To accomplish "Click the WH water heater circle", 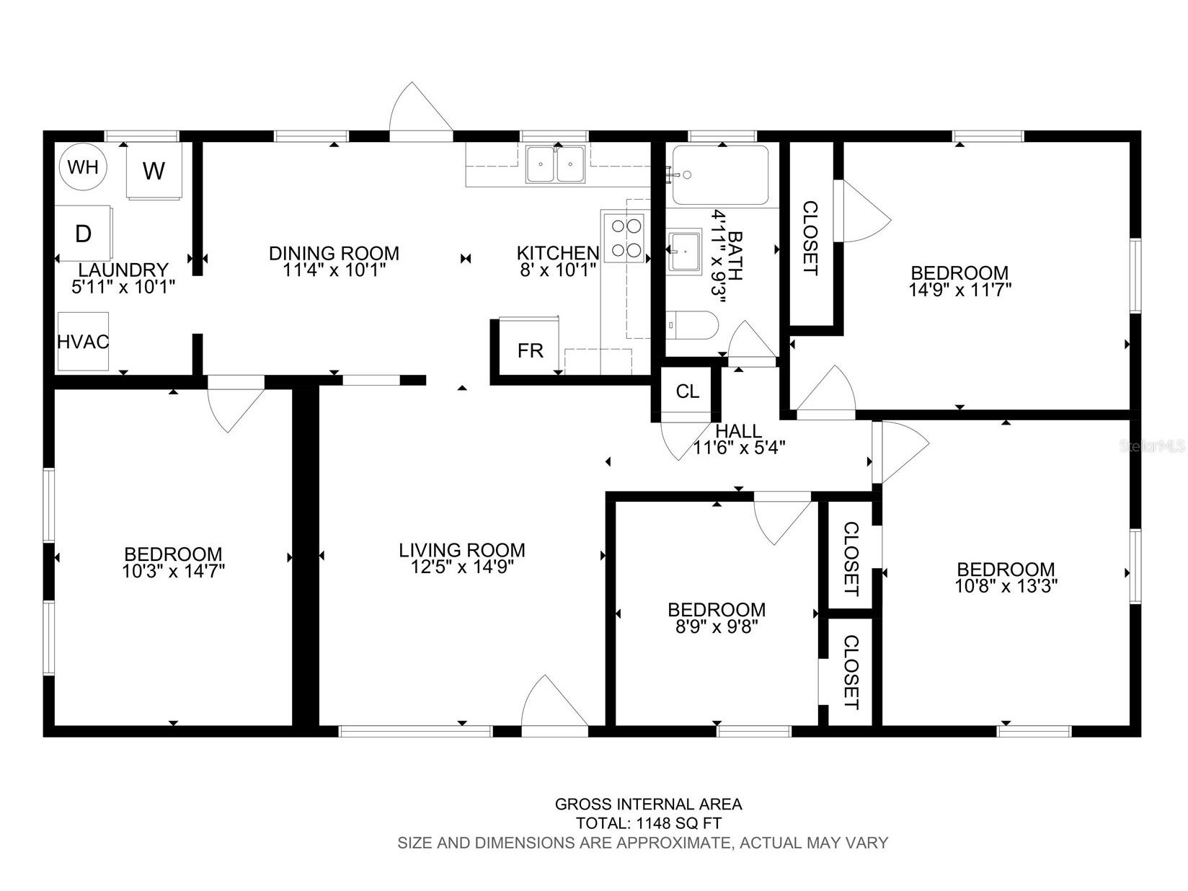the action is pyautogui.click(x=83, y=167).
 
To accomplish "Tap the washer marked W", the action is pyautogui.click(x=154, y=170).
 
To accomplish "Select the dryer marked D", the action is pyautogui.click(x=84, y=234).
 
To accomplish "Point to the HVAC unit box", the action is pyautogui.click(x=84, y=342).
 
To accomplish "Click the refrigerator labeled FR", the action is pyautogui.click(x=529, y=346).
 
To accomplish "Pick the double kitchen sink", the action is pyautogui.click(x=555, y=164).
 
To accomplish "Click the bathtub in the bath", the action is pyautogui.click(x=720, y=174).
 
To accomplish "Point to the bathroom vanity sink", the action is pyautogui.click(x=685, y=252).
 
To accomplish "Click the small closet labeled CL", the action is pyautogui.click(x=688, y=391).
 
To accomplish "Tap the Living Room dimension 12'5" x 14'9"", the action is pyautogui.click(x=462, y=567).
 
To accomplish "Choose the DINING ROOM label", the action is pyautogui.click(x=334, y=252).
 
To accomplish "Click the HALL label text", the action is pyautogui.click(x=739, y=431).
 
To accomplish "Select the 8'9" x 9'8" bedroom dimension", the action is pyautogui.click(x=717, y=626).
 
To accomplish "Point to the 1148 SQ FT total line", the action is pyautogui.click(x=648, y=823).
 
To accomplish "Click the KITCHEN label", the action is pyautogui.click(x=558, y=252).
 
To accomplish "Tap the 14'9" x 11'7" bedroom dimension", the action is pyautogui.click(x=959, y=290).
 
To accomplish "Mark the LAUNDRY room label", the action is pyautogui.click(x=123, y=270).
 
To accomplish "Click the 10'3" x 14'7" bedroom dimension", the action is pyautogui.click(x=173, y=571).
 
